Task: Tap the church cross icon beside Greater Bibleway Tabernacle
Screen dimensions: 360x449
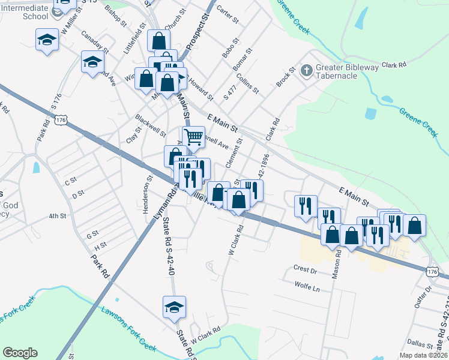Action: (306, 71)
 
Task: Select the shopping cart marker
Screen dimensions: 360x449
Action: (194, 137)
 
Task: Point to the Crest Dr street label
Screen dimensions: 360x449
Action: (304, 270)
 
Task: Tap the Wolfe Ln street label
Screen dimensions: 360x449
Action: (307, 287)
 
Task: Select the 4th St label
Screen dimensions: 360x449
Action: (57, 215)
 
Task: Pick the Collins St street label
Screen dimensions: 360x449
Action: (247, 83)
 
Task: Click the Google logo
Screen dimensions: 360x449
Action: (20, 353)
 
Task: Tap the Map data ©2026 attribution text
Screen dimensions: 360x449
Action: (423, 355)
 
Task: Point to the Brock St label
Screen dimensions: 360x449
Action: (286, 77)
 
